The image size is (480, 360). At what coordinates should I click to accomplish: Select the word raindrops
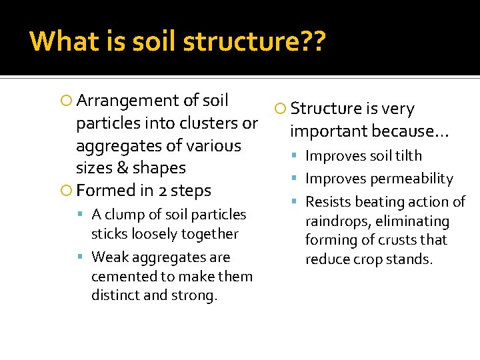337,221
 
